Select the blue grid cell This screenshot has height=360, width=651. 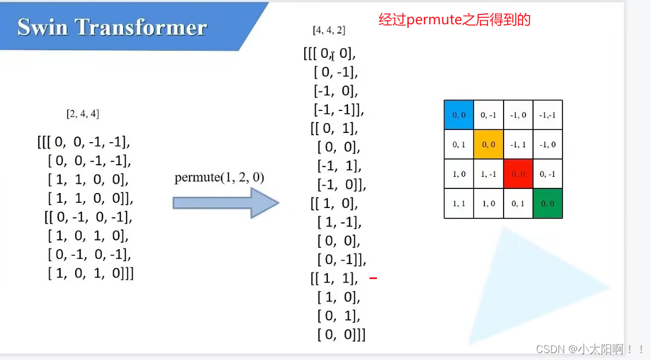(x=458, y=114)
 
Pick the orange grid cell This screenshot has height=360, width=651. (x=489, y=144)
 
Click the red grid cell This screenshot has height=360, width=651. (x=518, y=173)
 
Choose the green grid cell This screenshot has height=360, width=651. (x=548, y=203)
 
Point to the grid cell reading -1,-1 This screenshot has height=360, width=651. (x=548, y=114)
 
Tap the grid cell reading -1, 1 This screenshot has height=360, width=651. (x=518, y=144)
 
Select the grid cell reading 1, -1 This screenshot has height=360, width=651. (x=489, y=173)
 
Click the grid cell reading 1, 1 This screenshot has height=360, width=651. (x=458, y=203)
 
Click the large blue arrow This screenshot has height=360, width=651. (x=225, y=202)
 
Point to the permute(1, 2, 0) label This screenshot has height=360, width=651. (x=219, y=177)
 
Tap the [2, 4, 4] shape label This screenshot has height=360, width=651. (x=83, y=114)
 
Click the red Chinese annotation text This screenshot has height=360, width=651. (x=454, y=20)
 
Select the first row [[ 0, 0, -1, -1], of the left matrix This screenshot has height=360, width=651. (x=84, y=142)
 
